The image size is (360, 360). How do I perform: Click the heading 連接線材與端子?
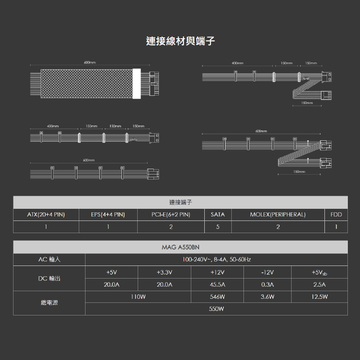tap(180, 41)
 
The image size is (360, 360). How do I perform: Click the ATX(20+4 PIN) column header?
tap(46, 215)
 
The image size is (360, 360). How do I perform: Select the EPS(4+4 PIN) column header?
tap(108, 215)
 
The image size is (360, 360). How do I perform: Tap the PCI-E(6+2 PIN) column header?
tap(171, 215)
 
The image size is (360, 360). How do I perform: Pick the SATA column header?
tap(218, 215)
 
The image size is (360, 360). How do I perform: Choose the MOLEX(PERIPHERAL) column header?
tap(278, 215)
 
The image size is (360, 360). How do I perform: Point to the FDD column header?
tap(336, 215)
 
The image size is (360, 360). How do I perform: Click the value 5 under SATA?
tap(218, 227)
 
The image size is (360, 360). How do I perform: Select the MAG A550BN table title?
tap(180, 247)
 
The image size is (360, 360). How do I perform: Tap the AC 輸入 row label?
tap(49, 260)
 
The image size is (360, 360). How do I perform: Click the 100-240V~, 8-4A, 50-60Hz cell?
tap(216, 260)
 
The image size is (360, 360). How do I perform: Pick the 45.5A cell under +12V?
tap(217, 285)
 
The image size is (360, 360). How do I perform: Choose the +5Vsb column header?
tap(319, 273)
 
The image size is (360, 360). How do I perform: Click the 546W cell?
tap(217, 297)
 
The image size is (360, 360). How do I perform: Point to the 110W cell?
tap(138, 297)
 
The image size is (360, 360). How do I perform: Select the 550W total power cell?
tap(216, 309)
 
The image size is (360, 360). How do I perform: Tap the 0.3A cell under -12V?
tap(267, 285)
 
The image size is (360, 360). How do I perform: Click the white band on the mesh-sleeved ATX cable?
tap(137, 84)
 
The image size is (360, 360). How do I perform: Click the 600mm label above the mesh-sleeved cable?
tap(90, 63)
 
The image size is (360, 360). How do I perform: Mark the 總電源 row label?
tap(49, 302)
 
